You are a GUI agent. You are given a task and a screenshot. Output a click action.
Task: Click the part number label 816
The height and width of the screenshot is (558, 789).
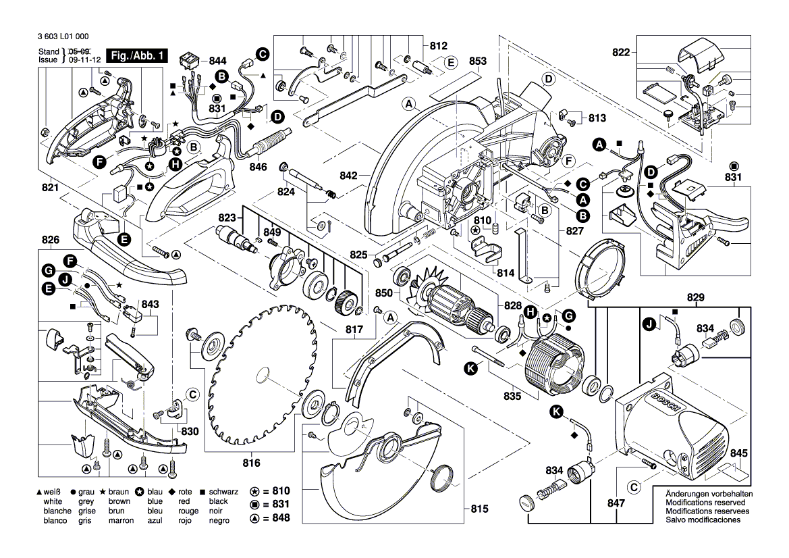tap(251, 463)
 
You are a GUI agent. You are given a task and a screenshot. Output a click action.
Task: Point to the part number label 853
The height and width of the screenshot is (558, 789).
tap(477, 61)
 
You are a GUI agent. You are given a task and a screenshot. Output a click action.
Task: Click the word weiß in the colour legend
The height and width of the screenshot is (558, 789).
tap(52, 493)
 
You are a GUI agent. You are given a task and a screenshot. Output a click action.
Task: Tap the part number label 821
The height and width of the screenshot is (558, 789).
tap(49, 188)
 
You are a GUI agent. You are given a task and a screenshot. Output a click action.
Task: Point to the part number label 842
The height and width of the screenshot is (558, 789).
tap(349, 176)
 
